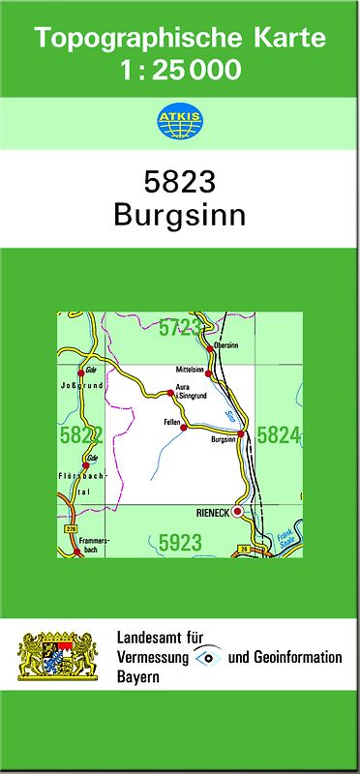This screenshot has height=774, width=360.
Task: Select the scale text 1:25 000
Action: pos(180,70)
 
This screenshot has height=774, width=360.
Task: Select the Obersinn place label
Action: pos(225,345)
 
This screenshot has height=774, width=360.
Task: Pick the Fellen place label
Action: pos(172,423)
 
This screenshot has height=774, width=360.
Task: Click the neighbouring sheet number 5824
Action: pos(279,435)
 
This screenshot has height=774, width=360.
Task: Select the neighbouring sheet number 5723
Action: pos(181,327)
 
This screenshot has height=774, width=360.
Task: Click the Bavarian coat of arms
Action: pos(59,657)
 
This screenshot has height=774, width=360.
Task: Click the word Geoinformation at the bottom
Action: pos(298,657)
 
